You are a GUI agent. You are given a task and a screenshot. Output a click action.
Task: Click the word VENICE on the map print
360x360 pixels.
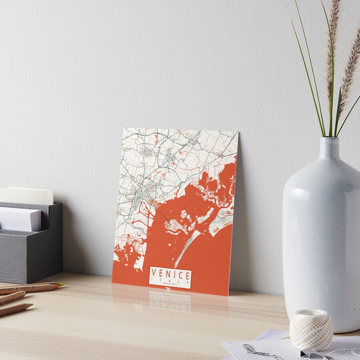pos(170,275)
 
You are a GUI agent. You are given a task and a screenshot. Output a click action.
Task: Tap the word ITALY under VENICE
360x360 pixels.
pos(170,282)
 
